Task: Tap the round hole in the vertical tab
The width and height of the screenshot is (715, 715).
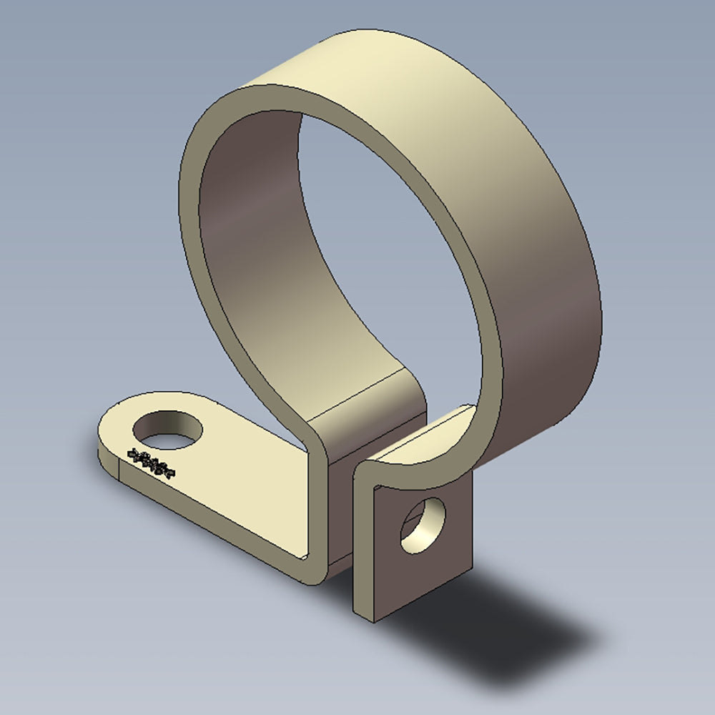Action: (424, 527)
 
